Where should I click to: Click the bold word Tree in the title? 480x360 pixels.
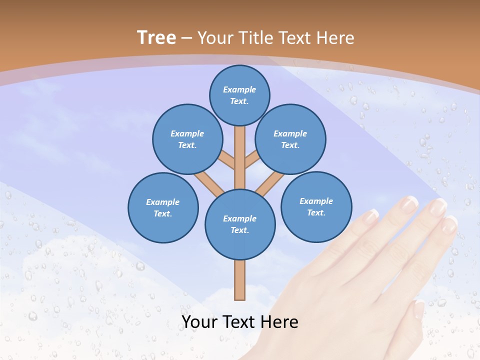[x=156, y=38]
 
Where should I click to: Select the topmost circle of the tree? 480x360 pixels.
[x=239, y=95]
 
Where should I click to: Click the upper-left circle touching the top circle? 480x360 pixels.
[x=187, y=139]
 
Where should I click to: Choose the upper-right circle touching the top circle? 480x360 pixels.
[x=290, y=139]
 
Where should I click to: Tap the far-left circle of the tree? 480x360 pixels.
[x=163, y=208]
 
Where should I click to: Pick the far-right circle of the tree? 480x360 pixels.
[x=316, y=207]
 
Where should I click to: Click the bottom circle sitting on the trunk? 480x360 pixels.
[x=240, y=224]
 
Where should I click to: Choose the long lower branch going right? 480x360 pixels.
[x=270, y=183]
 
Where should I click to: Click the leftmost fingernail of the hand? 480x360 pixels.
[x=370, y=216]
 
